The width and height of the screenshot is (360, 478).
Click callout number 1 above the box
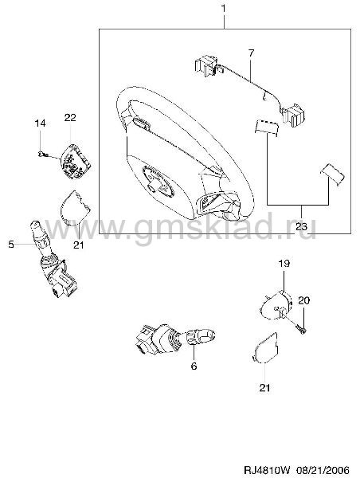coord(224,9)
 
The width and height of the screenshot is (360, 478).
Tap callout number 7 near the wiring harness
coord(251,53)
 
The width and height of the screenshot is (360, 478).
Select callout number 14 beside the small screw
coord(40,123)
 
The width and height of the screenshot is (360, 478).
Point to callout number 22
coord(70,117)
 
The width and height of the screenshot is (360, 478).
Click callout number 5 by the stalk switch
coord(11,244)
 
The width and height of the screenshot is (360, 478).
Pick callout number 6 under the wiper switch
coord(194,366)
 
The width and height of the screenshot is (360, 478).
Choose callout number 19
coord(284,263)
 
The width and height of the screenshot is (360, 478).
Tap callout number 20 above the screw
coord(303,300)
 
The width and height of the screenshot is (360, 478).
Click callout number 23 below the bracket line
coord(302,226)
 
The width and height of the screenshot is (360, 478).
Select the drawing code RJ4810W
coord(268,469)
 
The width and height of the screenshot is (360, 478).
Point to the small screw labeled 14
coord(42,155)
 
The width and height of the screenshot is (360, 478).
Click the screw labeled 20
coord(300,328)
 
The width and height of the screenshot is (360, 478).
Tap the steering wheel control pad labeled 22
coord(76,161)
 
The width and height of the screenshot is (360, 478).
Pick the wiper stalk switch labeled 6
coord(174,339)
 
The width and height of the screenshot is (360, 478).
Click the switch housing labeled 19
coord(276,304)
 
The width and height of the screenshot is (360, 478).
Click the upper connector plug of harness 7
coord(205,65)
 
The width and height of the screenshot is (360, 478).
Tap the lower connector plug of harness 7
coord(293,115)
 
